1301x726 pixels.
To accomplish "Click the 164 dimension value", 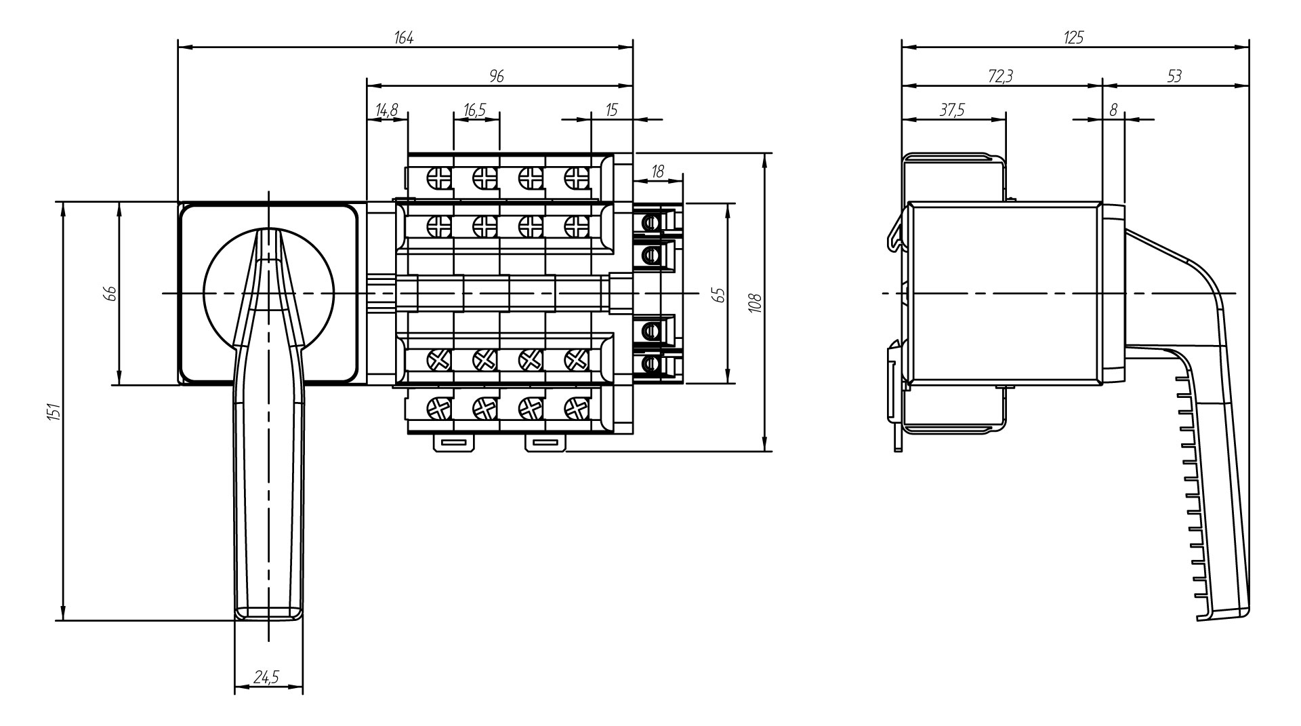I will click(404, 38).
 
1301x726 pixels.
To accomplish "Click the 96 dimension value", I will click(497, 77).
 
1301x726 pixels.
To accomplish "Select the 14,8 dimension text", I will click(387, 110).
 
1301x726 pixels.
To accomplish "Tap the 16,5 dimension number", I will click(476, 110).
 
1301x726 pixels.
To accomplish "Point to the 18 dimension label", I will click(657, 172).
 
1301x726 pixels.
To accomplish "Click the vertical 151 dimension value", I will click(55, 411).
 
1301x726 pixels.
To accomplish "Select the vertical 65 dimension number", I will click(719, 294).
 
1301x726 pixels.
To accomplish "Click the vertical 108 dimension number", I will click(757, 302).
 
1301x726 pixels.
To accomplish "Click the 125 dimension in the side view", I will click(1073, 38).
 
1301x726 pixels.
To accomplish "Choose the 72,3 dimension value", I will click(1000, 77).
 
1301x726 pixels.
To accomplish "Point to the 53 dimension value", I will click(1174, 77).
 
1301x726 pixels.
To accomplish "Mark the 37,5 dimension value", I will click(952, 110).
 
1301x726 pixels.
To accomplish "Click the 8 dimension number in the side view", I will click(1113, 110).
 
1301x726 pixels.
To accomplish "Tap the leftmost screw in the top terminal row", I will click(439, 178).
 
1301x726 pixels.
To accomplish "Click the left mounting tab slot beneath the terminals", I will click(454, 443).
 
